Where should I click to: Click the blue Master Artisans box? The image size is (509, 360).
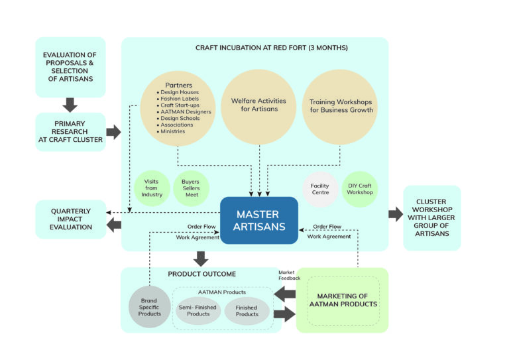(258, 221)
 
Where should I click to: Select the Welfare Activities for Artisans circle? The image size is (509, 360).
(258, 105)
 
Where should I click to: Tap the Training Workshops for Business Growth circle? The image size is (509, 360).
(341, 106)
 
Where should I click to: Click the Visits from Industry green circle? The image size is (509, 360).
(151, 188)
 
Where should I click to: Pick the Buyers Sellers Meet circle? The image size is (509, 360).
(191, 188)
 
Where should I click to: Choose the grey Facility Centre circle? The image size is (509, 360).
(320, 188)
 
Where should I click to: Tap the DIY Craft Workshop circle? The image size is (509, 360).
(360, 188)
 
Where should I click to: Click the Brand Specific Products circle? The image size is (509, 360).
(150, 306)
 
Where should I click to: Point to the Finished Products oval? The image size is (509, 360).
(247, 310)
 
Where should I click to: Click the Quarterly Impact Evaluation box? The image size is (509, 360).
(70, 219)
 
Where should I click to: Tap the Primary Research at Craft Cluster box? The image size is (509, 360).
(70, 131)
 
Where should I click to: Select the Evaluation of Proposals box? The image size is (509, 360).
(70, 67)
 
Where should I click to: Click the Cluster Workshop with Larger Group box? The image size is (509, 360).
(431, 217)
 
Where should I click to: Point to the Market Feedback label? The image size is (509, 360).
(289, 275)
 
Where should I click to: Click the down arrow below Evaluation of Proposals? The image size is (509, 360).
(70, 105)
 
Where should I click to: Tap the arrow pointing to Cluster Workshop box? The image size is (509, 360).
(396, 214)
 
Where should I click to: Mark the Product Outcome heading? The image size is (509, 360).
(201, 274)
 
